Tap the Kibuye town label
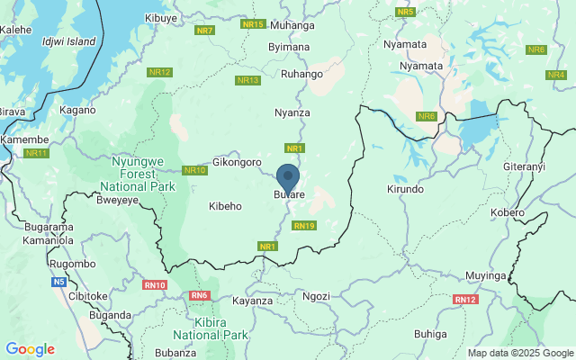click(161, 17)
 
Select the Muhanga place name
click(292, 25)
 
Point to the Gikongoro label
click(237, 163)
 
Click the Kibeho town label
click(225, 206)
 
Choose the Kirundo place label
click(404, 190)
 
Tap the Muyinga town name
click(488, 274)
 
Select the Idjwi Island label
click(68, 41)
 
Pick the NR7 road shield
click(205, 31)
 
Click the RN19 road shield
click(304, 225)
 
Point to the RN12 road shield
click(464, 299)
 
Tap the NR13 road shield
click(247, 80)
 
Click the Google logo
click(30, 349)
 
